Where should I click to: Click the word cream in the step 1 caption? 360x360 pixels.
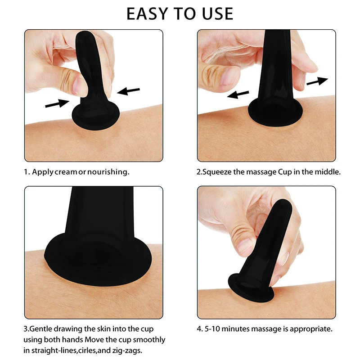(66, 172)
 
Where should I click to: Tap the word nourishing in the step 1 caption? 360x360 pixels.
(108, 172)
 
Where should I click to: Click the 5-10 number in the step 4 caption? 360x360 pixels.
(215, 328)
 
